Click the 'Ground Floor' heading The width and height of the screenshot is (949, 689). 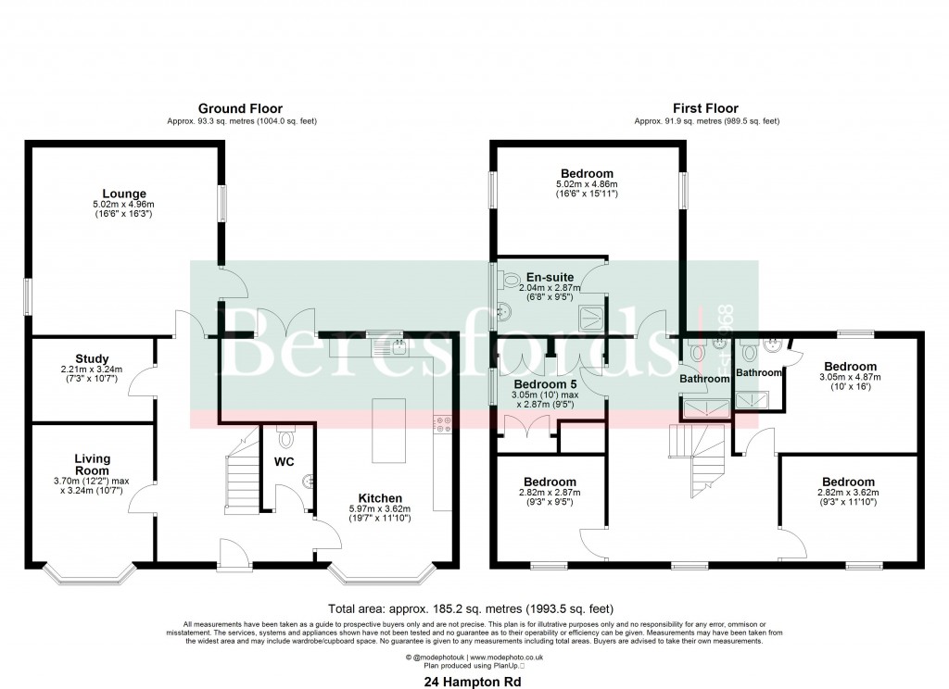[240, 108]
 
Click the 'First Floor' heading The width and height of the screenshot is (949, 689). [706, 108]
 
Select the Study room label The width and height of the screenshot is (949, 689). [93, 358]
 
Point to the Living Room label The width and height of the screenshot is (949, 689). [93, 465]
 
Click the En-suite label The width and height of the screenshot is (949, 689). [550, 276]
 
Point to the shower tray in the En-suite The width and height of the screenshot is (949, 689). [589, 318]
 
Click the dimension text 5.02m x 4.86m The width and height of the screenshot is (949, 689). [587, 185]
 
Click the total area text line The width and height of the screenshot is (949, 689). [474, 608]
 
